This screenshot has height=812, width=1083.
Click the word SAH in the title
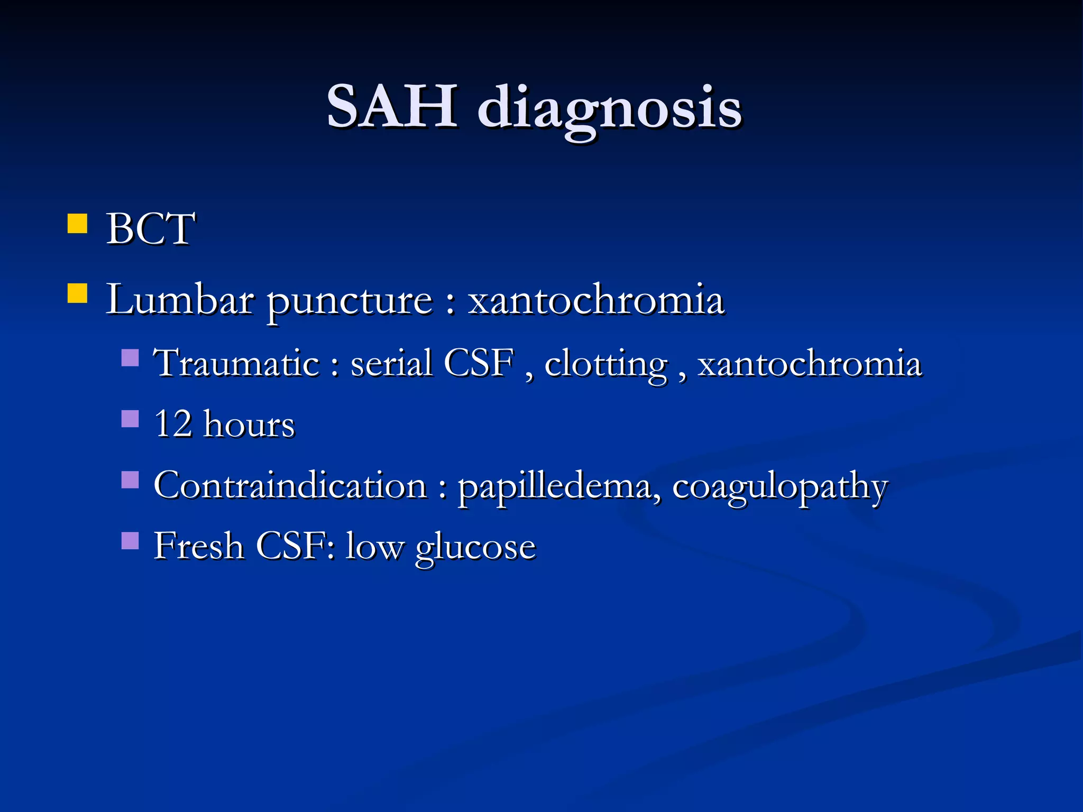point(392,107)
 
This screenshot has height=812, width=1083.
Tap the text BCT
point(151,229)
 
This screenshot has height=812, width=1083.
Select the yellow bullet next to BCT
point(77,224)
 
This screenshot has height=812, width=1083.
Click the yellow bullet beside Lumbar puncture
point(77,293)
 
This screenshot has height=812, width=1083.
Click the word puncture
point(350,301)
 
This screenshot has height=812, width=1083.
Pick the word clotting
point(606,365)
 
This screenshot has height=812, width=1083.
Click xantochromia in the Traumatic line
point(810,363)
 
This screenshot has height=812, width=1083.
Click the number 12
point(173,424)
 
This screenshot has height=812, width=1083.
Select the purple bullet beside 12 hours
point(130,419)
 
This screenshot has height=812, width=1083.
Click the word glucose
point(475,547)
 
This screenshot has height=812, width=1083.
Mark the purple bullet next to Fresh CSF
point(130,541)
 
